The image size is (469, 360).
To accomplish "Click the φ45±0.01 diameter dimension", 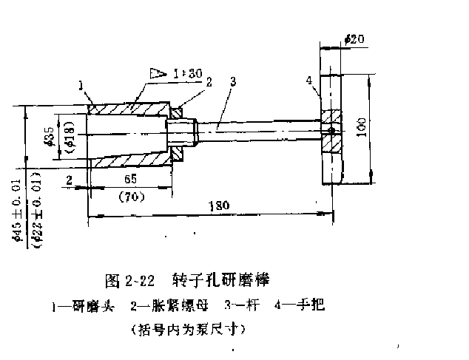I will pyautogui.click(x=16, y=211).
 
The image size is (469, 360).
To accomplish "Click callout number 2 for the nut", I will pyautogui.click(x=209, y=83).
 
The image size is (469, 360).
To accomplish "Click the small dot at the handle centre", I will pyautogui.click(x=331, y=132).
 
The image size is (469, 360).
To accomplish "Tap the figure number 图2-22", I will pyautogui.click(x=130, y=281).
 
